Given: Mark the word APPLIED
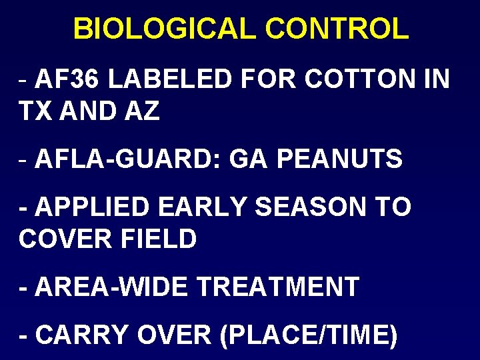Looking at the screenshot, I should coord(93,207).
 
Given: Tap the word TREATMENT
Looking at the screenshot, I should coord(279,287).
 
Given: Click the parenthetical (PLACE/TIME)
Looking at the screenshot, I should coord(309,335).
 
